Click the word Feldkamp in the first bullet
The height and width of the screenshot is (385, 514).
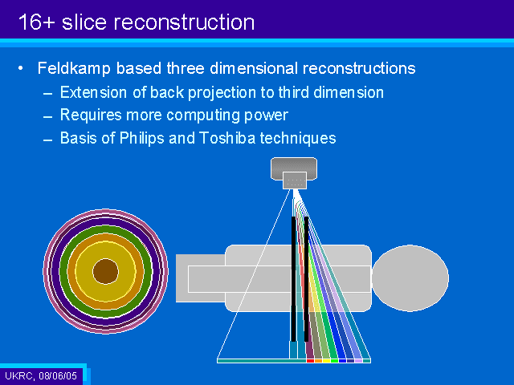(x=74, y=69)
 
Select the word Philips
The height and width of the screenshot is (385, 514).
(x=141, y=139)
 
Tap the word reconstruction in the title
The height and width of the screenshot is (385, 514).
(x=184, y=22)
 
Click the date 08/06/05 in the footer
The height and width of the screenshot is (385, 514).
(x=58, y=375)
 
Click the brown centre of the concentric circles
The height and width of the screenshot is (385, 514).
(x=105, y=271)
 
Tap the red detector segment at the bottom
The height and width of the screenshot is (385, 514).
(x=310, y=361)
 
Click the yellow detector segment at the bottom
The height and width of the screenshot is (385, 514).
(x=327, y=361)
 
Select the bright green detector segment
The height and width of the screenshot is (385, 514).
(x=334, y=361)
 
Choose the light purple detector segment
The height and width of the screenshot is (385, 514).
(x=359, y=361)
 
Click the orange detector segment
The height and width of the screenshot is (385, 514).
(x=318, y=361)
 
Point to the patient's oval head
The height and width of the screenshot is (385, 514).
(x=410, y=278)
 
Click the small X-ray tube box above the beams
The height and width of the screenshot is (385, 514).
(x=295, y=180)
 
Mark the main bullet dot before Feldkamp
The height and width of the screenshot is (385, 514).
(x=21, y=68)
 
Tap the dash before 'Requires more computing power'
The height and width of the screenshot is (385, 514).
(x=48, y=117)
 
